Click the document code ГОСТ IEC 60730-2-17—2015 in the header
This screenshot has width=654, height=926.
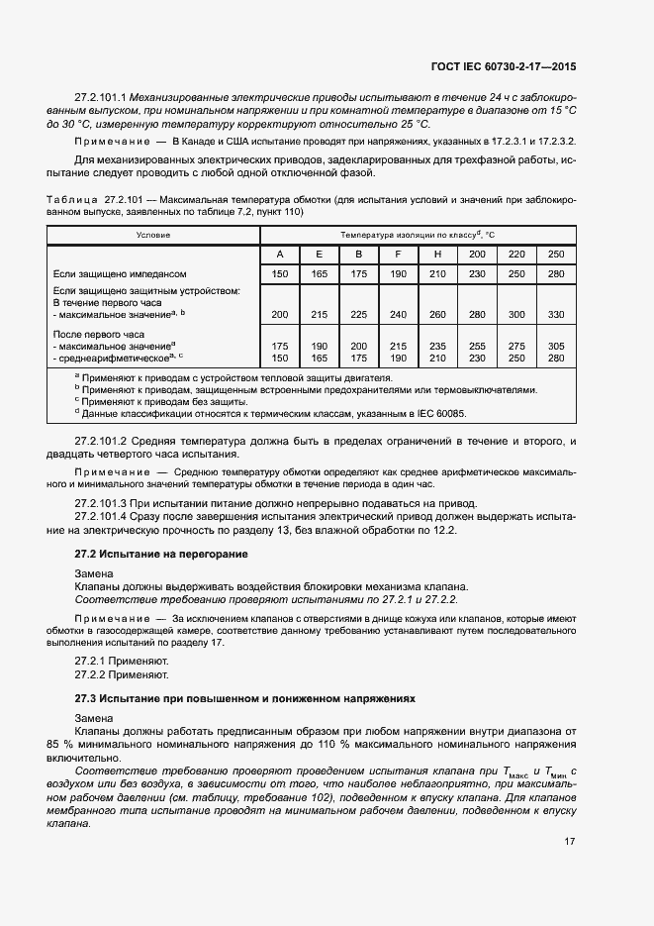pos(505,66)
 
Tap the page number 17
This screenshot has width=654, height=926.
pos(570,842)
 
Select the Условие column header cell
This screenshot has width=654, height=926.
pos(153,235)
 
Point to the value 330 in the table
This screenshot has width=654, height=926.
pos(555,314)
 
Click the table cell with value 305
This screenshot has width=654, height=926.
pos(555,347)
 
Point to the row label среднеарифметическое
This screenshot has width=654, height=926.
pos(117,358)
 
